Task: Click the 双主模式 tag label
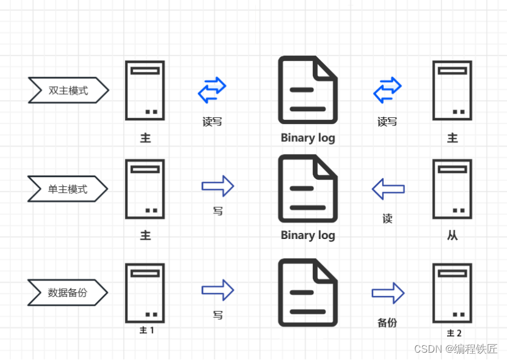pyautogui.click(x=68, y=90)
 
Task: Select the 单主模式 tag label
pyautogui.click(x=68, y=189)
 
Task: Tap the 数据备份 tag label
pyautogui.click(x=68, y=292)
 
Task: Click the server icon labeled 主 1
pyautogui.click(x=145, y=293)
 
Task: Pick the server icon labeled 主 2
pyautogui.click(x=452, y=293)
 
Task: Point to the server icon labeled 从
pyautogui.click(x=452, y=189)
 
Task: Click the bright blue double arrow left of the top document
pyautogui.click(x=212, y=90)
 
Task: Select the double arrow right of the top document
pyautogui.click(x=387, y=90)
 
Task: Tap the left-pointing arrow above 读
pyautogui.click(x=388, y=189)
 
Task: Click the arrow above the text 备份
pyautogui.click(x=388, y=293)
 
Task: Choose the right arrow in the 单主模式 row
pyautogui.click(x=218, y=186)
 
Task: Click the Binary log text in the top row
pyautogui.click(x=308, y=138)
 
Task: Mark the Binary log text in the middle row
pyautogui.click(x=308, y=235)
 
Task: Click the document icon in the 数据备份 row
pyautogui.click(x=308, y=292)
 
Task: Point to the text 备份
pyautogui.click(x=387, y=322)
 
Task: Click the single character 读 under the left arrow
pyautogui.click(x=387, y=218)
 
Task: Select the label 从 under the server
pyautogui.click(x=452, y=235)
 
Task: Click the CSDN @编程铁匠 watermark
pyautogui.click(x=456, y=348)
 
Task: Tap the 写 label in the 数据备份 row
pyautogui.click(x=217, y=315)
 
